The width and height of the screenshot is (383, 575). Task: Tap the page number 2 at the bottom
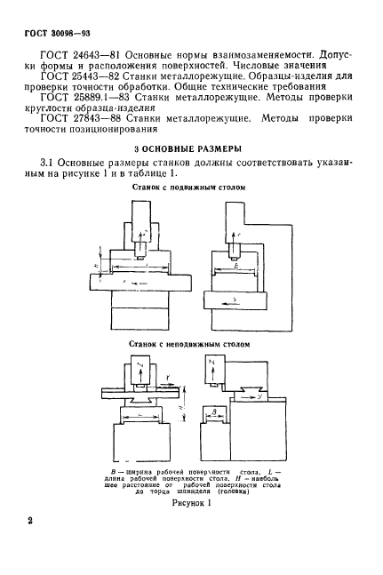[x=30, y=523]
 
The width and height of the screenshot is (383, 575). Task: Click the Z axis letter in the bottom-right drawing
[x=236, y=364]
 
